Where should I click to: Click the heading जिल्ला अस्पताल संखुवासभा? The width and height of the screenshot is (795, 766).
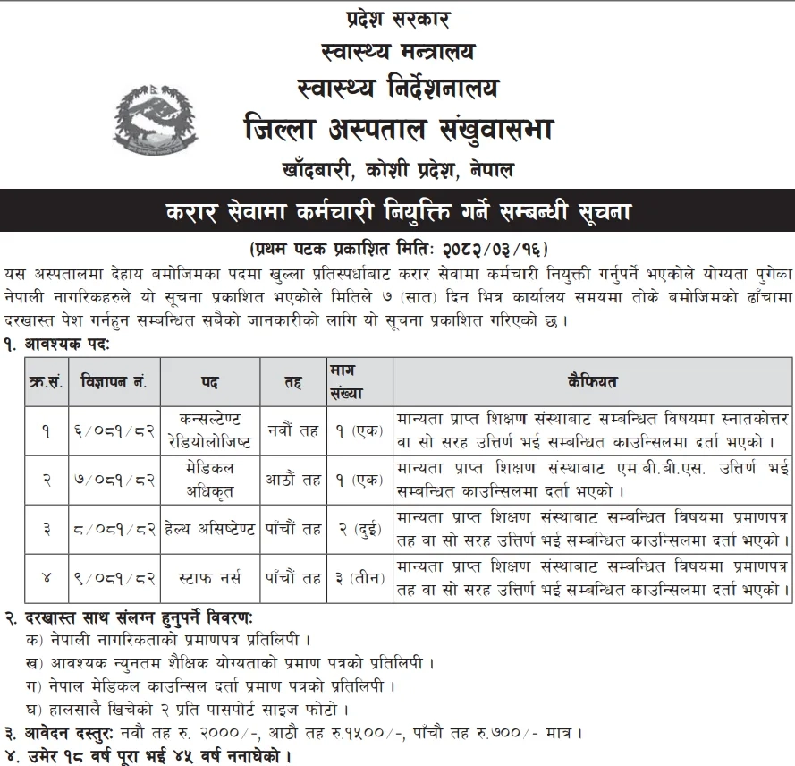(x=398, y=130)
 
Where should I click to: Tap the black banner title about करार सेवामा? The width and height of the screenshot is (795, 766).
(x=398, y=213)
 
